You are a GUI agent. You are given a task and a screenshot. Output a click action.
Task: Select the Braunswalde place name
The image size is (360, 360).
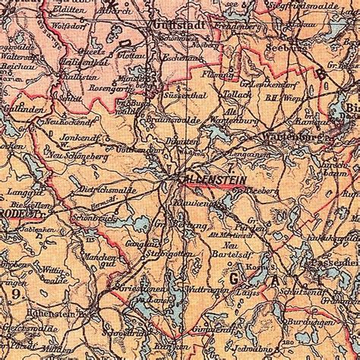pos(169,118)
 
